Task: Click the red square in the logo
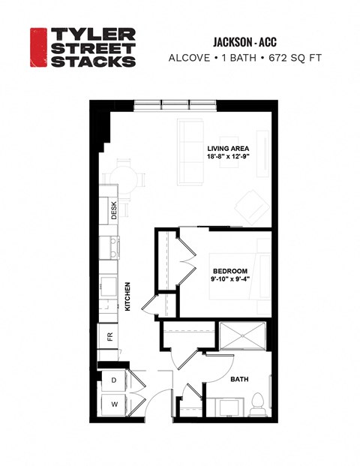[38, 47]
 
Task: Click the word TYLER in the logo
[92, 35]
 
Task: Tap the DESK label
[114, 213]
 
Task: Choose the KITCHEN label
[127, 296]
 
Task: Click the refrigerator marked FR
[109, 337]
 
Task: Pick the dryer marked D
[113, 381]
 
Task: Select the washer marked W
[113, 404]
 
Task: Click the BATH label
[239, 379]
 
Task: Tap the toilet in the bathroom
[257, 404]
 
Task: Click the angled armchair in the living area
[249, 203]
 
